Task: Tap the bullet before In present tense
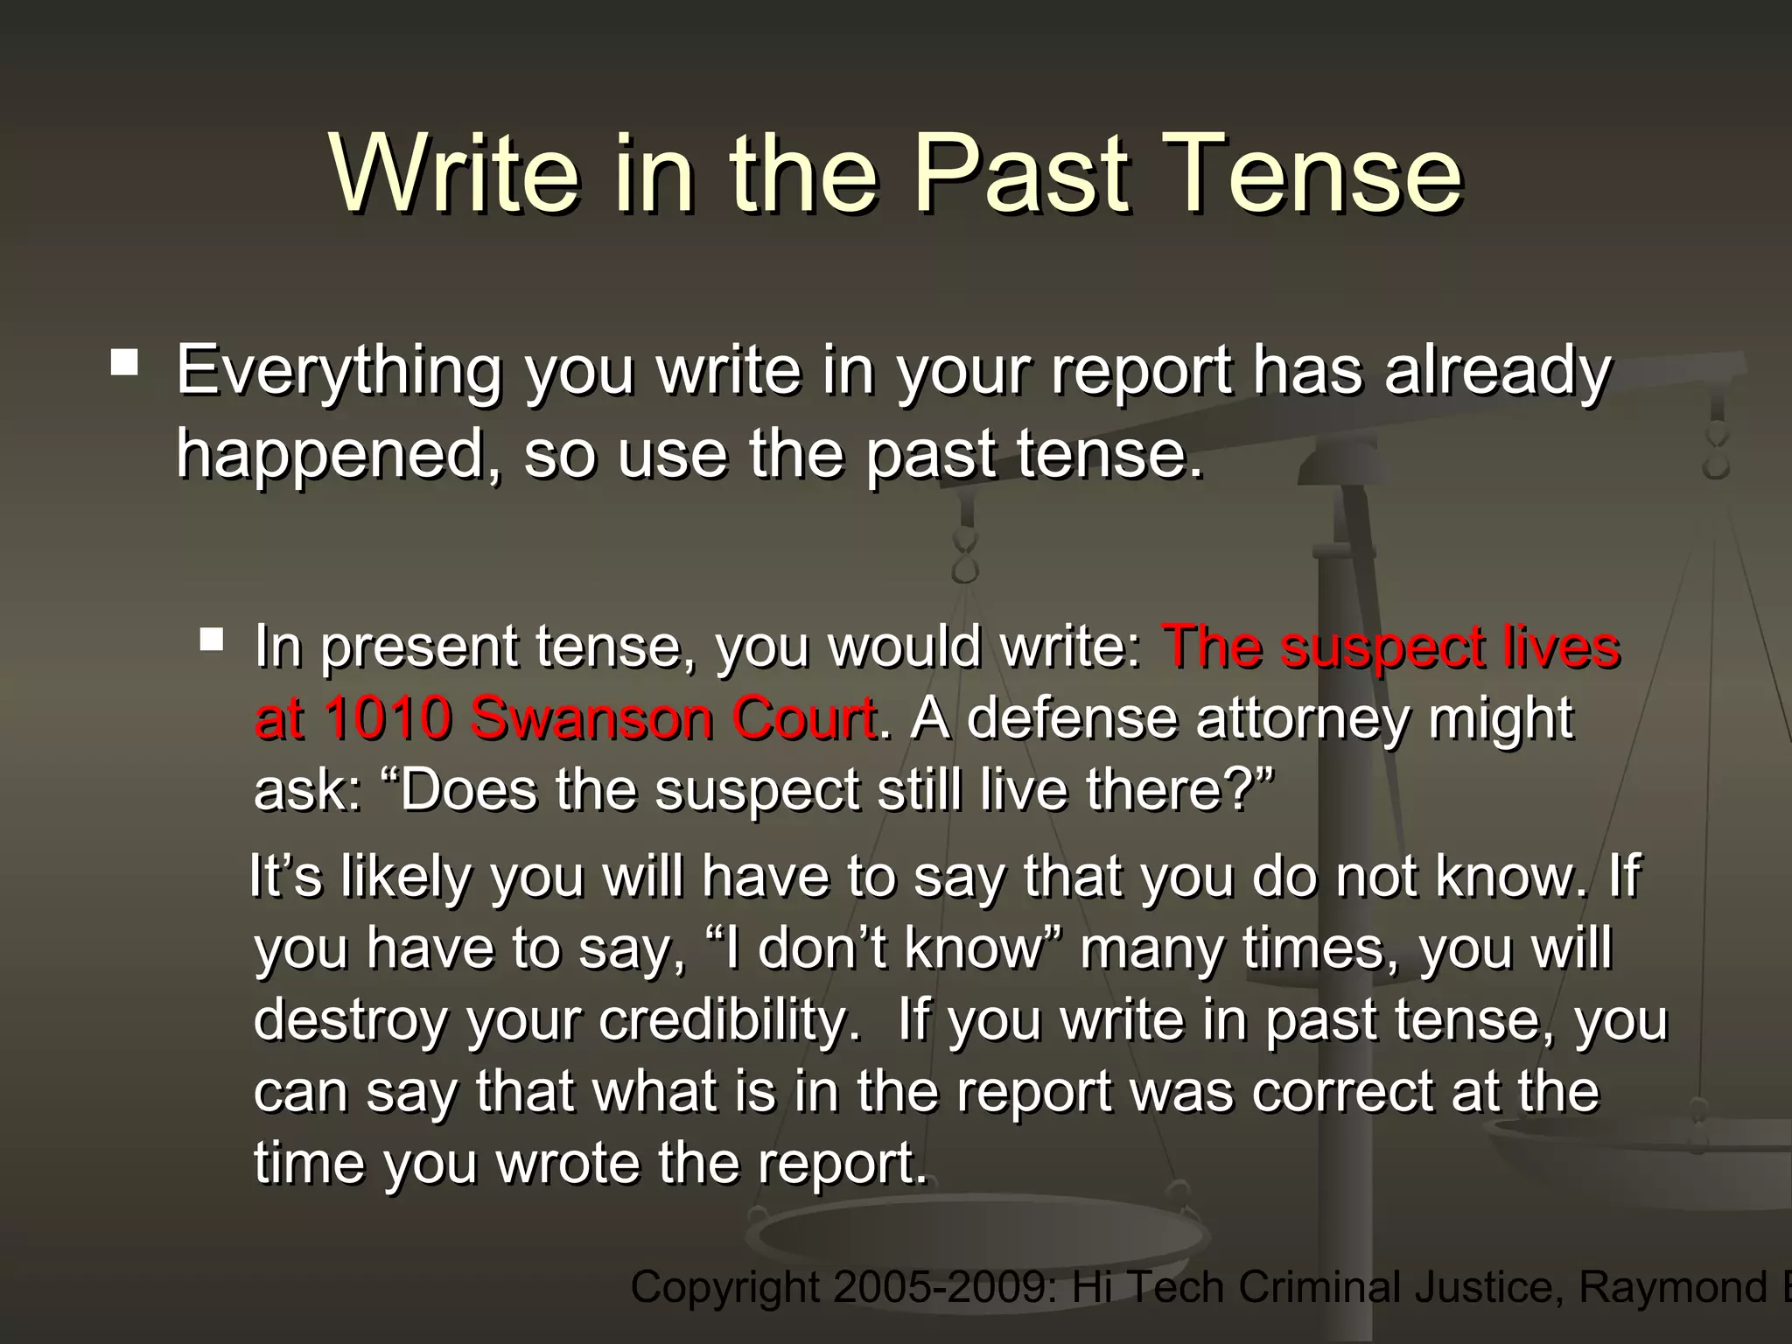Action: tap(211, 640)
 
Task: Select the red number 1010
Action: tap(388, 719)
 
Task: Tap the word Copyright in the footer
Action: tap(724, 1288)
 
